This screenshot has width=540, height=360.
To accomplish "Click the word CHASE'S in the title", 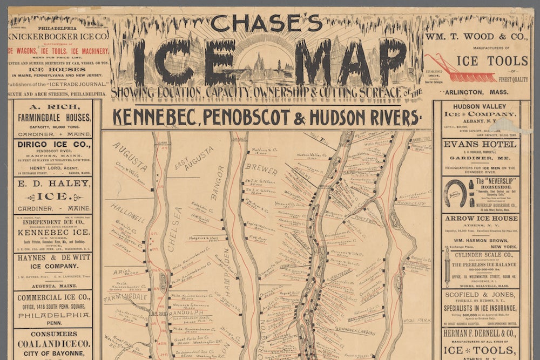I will pyautogui.click(x=266, y=23).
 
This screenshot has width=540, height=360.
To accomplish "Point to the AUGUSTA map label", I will pyautogui.click(x=129, y=157).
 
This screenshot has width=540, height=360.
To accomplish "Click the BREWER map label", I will pyautogui.click(x=261, y=169).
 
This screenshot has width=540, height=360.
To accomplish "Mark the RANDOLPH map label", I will pyautogui.click(x=187, y=313).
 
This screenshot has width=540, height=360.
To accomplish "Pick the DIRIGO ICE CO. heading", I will pyautogui.click(x=52, y=145).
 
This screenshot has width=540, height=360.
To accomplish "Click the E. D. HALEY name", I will pyautogui.click(x=52, y=184).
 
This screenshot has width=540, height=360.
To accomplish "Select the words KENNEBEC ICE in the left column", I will pyautogui.click(x=52, y=232).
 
